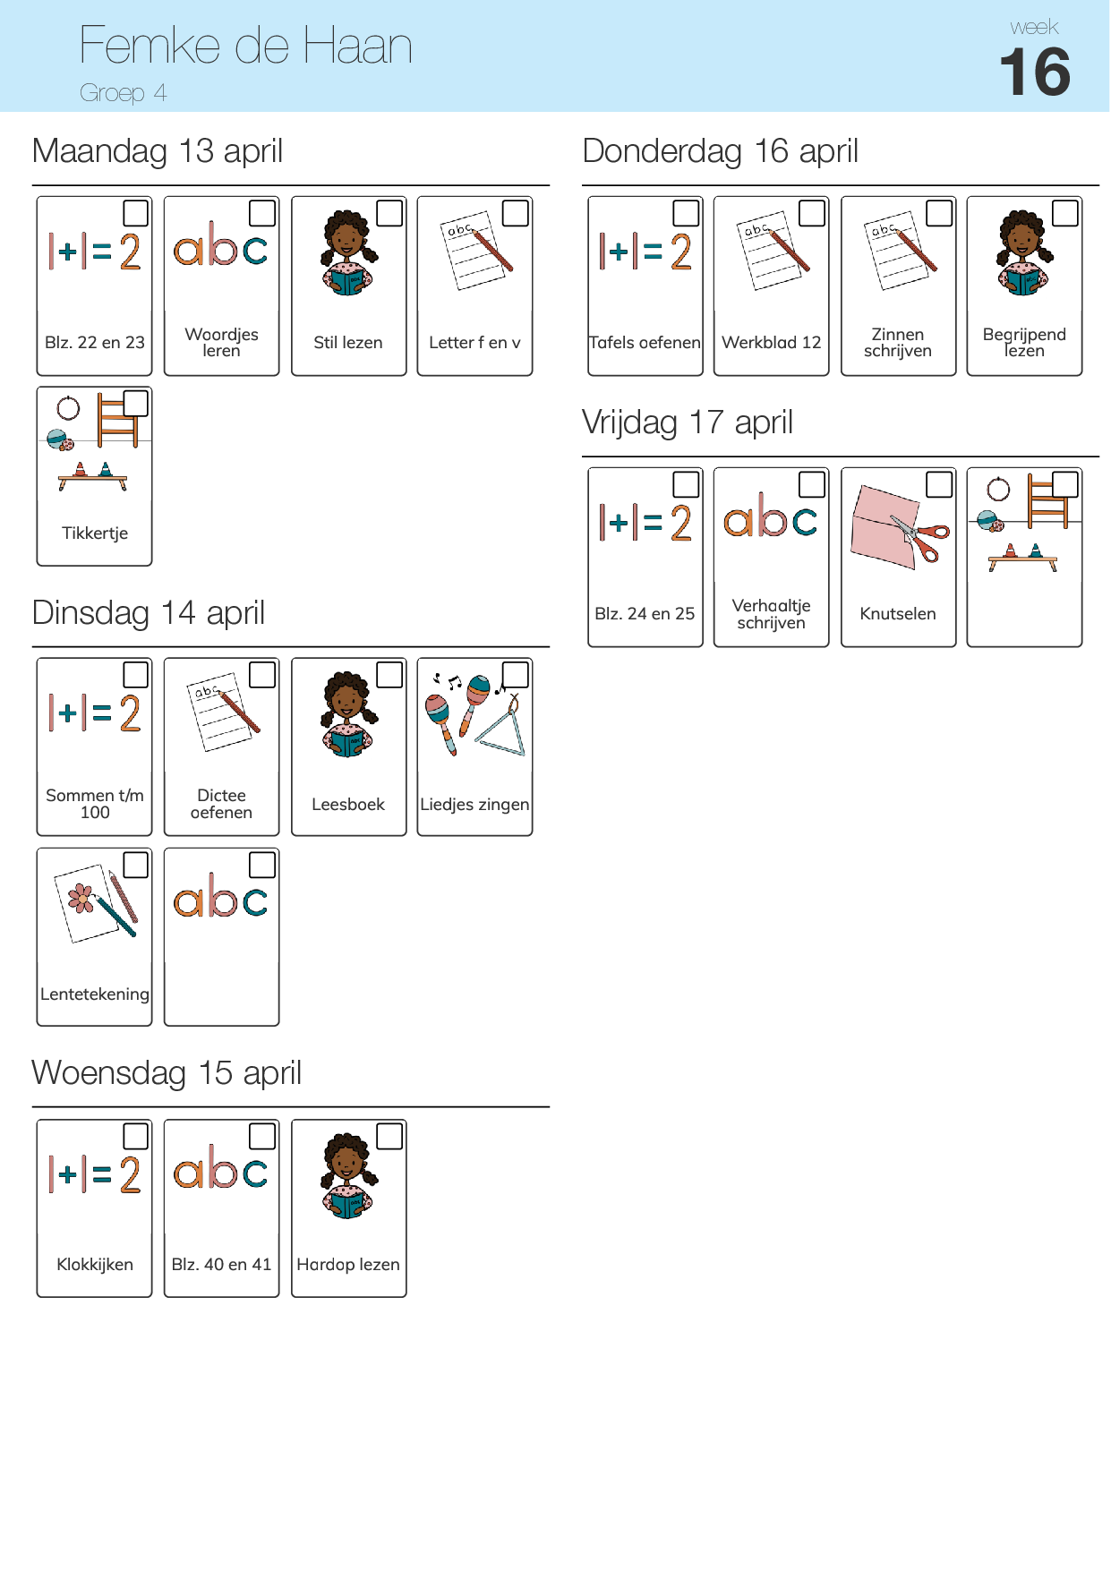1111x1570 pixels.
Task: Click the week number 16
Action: pyautogui.click(x=1034, y=72)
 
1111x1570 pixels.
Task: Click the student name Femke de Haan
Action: pyautogui.click(x=245, y=46)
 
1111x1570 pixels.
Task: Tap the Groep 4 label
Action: pyautogui.click(x=123, y=93)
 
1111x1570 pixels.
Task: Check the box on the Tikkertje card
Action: pyautogui.click(x=135, y=404)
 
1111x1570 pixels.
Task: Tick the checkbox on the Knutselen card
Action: pyautogui.click(x=938, y=484)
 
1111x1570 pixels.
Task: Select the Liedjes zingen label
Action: pyautogui.click(x=474, y=804)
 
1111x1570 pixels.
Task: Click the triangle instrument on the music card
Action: pyautogui.click(x=502, y=726)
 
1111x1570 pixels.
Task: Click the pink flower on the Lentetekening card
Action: pyautogui.click(x=81, y=898)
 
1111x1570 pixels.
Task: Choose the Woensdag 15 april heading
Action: pyautogui.click(x=167, y=1072)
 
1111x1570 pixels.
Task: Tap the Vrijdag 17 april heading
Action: pyautogui.click(x=688, y=422)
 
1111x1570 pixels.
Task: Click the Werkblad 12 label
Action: pyautogui.click(x=771, y=342)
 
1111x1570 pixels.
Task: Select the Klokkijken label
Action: pyautogui.click(x=95, y=1264)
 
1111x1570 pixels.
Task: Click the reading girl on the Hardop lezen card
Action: pyautogui.click(x=348, y=1175)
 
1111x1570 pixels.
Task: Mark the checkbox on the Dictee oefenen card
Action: pyautogui.click(x=262, y=675)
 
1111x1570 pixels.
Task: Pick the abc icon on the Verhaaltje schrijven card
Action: pyautogui.click(x=771, y=516)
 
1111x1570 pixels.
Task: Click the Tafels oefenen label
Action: pyautogui.click(x=645, y=342)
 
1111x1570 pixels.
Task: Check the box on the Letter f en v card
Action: pyautogui.click(x=516, y=213)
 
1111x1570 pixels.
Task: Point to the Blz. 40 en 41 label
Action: pyautogui.click(x=221, y=1264)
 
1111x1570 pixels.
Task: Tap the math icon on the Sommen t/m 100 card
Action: pyautogui.click(x=95, y=713)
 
